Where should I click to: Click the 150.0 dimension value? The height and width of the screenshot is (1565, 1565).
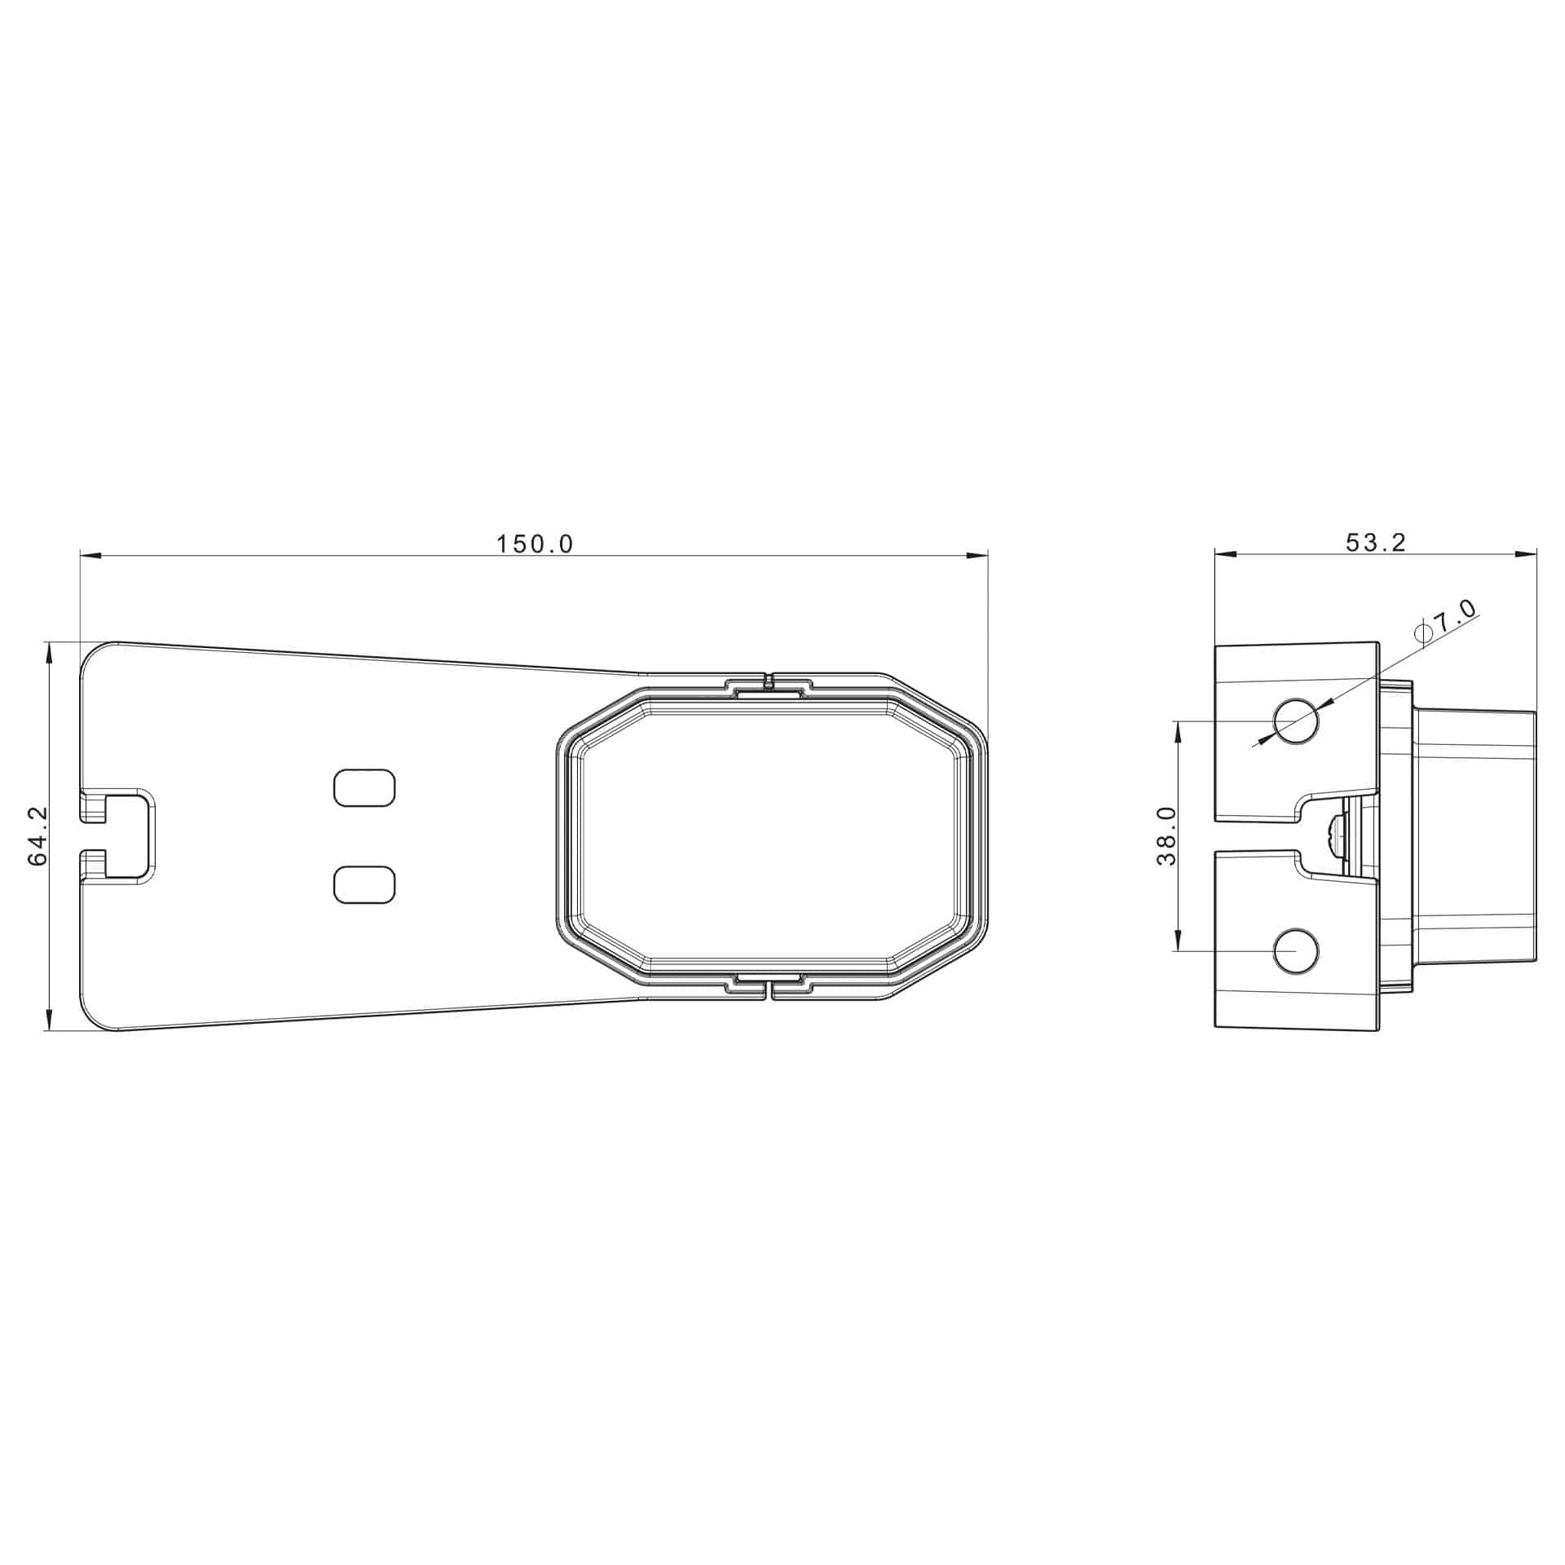(x=536, y=544)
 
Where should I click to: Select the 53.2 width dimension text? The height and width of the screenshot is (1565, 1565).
(x=1375, y=543)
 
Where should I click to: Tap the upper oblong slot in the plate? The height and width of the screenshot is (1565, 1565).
(x=365, y=788)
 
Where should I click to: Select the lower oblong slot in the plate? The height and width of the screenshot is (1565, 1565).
(x=365, y=884)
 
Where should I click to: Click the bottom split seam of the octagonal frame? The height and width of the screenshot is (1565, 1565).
(x=769, y=990)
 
